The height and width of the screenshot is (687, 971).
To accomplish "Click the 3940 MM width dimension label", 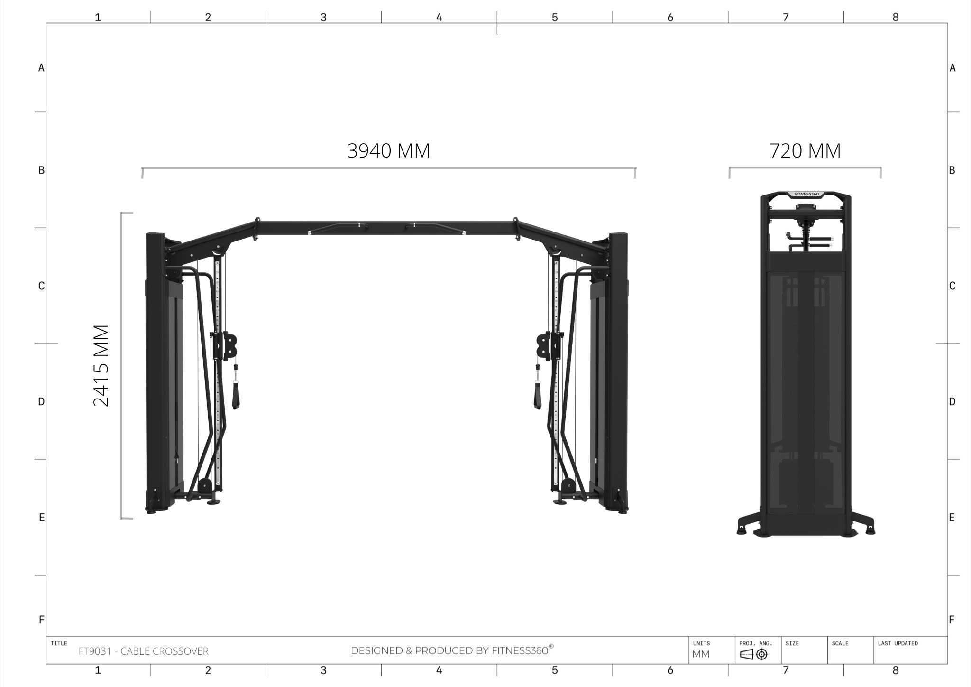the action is coord(389,151).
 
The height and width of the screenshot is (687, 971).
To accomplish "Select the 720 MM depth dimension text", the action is coord(805,151).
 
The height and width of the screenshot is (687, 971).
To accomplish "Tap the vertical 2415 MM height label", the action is coord(101,365).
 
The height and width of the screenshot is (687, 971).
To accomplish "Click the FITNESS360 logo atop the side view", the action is coord(806,194).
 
